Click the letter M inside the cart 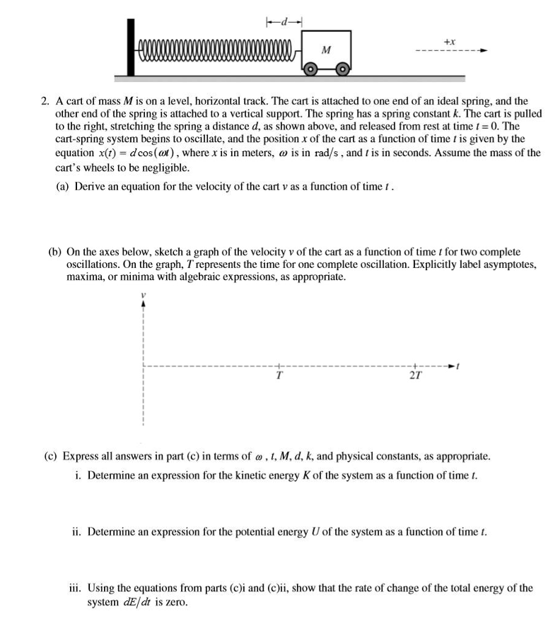pos(325,50)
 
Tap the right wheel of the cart pos(342,69)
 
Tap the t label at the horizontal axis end pos(459,366)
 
